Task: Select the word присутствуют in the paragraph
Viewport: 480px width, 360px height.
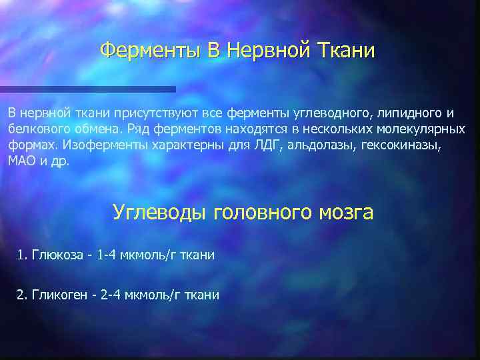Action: tap(151, 113)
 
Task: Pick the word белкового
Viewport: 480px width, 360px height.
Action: tap(37, 129)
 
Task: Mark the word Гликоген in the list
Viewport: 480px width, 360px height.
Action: tap(58, 295)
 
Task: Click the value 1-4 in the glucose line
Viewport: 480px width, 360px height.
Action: tap(106, 255)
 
